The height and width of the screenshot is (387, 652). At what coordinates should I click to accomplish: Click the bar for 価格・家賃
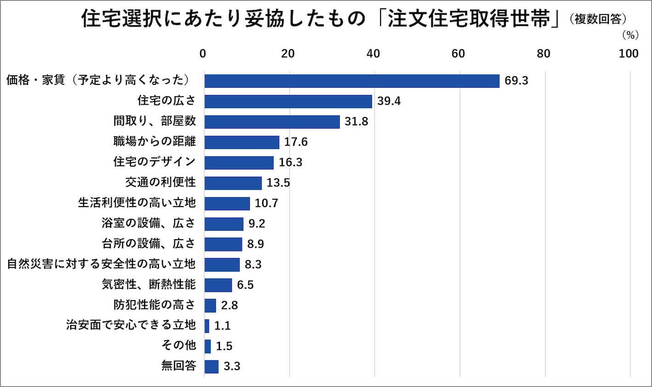pyautogui.click(x=352, y=81)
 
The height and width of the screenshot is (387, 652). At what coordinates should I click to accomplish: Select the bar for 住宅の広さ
pyautogui.click(x=288, y=101)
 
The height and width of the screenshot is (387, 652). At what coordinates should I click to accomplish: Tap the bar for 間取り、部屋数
pyautogui.click(x=272, y=122)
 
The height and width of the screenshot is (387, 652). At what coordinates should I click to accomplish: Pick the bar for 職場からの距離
pyautogui.click(x=242, y=142)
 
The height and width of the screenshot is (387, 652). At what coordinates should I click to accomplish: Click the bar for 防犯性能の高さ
pyautogui.click(x=210, y=305)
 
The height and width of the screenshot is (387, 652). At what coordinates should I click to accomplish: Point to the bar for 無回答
pyautogui.click(x=211, y=366)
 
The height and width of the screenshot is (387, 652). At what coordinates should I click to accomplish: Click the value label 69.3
pyautogui.click(x=516, y=81)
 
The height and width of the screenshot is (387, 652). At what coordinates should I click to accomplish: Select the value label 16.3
pyautogui.click(x=290, y=163)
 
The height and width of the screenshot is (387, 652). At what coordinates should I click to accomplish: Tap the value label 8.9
pyautogui.click(x=255, y=244)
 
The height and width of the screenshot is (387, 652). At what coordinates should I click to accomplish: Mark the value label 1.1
pyautogui.click(x=222, y=326)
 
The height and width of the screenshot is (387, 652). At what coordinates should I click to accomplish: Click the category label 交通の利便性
pyautogui.click(x=160, y=182)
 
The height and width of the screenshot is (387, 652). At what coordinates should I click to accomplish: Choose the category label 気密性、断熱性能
pyautogui.click(x=148, y=285)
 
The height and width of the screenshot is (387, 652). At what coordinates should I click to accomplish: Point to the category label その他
pyautogui.click(x=179, y=345)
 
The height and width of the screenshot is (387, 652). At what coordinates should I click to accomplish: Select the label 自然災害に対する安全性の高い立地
pyautogui.click(x=101, y=264)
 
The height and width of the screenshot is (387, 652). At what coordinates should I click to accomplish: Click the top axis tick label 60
pyautogui.click(x=458, y=54)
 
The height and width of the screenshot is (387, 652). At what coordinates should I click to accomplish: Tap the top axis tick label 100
pyautogui.click(x=628, y=54)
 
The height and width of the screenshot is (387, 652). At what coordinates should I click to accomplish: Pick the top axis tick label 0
pyautogui.click(x=202, y=54)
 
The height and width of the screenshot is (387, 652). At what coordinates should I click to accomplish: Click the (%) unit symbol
pyautogui.click(x=630, y=35)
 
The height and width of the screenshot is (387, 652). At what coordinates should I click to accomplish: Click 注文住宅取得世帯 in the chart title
pyautogui.click(x=468, y=19)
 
